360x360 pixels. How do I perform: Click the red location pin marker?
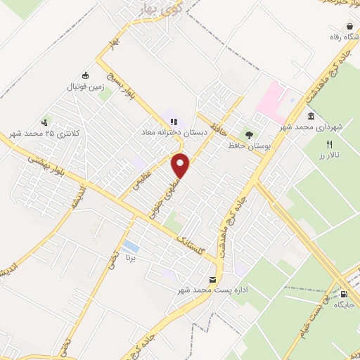(x=181, y=165)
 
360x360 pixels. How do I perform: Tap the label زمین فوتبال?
(x=85, y=87)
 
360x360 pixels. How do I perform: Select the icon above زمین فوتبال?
(x=85, y=76)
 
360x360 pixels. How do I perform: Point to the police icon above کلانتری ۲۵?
(x=47, y=122)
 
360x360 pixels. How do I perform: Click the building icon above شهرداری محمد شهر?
(x=311, y=116)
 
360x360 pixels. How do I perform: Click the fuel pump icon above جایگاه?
(x=343, y=294)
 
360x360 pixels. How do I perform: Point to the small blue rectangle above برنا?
(x=129, y=246)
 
